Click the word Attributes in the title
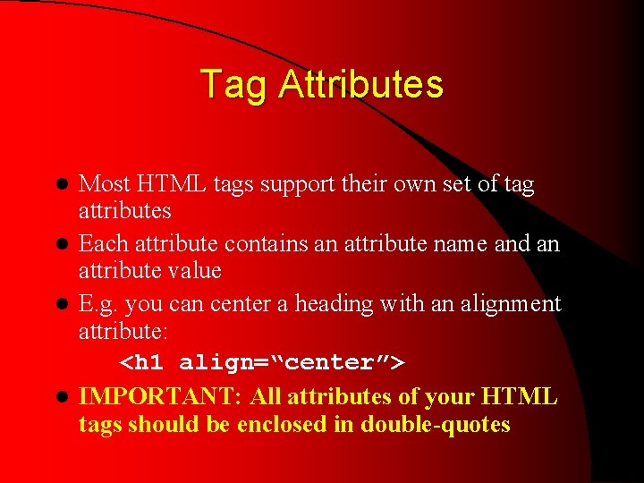pos(360,85)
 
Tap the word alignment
pos(510,304)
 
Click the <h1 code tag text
pos(146,362)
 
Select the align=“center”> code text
pos(292,362)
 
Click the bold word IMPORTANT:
pos(161,396)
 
